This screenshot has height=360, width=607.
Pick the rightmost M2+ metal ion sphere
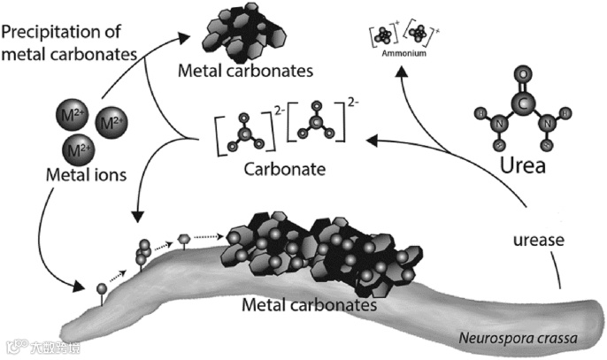(x=112, y=119)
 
